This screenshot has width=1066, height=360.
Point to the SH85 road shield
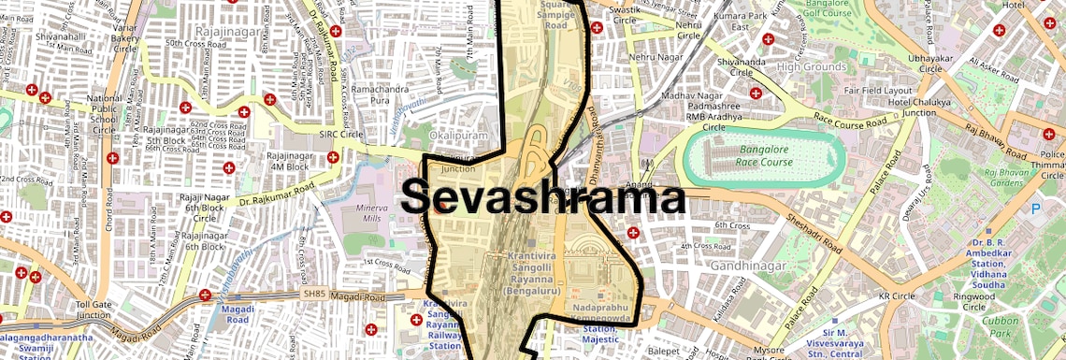(x=313, y=294)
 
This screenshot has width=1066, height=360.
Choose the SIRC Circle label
(x=340, y=135)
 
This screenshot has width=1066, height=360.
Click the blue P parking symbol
(x=1035, y=209)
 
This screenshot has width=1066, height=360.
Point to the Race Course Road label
(x=849, y=122)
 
